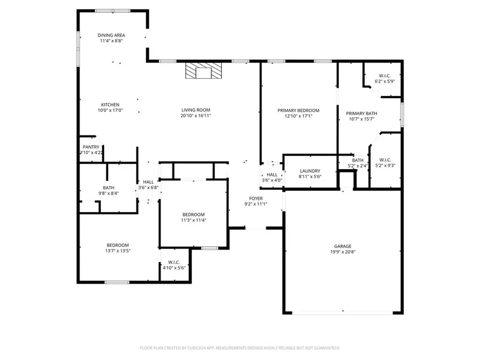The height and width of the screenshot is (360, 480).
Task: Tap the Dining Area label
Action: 111,35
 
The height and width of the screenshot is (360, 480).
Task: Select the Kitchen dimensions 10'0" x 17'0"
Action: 110,110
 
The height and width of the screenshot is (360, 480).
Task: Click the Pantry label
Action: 91,147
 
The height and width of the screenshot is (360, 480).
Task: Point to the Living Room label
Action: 194,110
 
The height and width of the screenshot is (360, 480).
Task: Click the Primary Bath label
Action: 361,113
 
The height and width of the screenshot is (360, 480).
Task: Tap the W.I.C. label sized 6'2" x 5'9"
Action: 386,75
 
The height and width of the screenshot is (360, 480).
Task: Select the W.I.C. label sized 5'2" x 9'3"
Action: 385,159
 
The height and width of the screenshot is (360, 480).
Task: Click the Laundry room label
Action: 310,171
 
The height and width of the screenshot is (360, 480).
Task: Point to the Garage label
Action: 341,246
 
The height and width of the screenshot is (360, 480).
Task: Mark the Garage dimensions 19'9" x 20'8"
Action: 341,252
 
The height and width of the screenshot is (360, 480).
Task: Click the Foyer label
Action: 256,198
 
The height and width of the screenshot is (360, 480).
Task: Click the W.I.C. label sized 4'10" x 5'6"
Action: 174,262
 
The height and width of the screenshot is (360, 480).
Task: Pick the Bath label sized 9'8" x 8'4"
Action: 108,187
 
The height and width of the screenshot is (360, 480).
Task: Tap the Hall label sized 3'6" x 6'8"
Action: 148,182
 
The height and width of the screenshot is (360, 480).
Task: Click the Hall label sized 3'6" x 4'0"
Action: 271,174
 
